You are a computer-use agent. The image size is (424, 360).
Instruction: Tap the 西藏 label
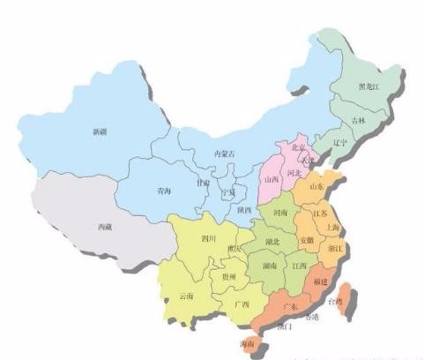pos(104,227)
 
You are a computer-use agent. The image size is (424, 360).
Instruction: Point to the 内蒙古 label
pos(227,154)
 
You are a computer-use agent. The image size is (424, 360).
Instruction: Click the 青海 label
pos(163,190)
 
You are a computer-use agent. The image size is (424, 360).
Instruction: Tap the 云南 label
pos(186,296)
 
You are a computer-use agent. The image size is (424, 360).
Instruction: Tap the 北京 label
pos(298,147)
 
